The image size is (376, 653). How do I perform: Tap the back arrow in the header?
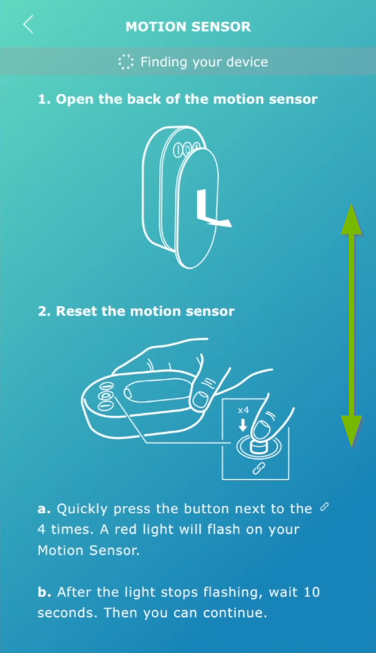point(28,25)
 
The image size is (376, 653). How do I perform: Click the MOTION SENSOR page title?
point(188,26)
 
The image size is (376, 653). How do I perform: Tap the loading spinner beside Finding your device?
point(126,62)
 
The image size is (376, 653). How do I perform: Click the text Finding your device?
point(204,62)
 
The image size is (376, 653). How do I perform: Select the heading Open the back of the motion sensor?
point(177,99)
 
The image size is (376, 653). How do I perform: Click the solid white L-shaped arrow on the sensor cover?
point(211,210)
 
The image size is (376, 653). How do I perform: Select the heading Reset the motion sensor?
point(136,311)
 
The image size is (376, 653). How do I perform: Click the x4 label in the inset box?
point(243,411)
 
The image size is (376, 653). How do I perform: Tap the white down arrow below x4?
point(243,425)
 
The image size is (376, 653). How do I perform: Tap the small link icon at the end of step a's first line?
point(324,508)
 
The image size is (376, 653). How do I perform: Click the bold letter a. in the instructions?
point(44,509)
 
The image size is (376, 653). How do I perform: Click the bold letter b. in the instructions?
point(44,593)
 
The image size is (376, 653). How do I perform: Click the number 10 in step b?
point(311,593)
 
